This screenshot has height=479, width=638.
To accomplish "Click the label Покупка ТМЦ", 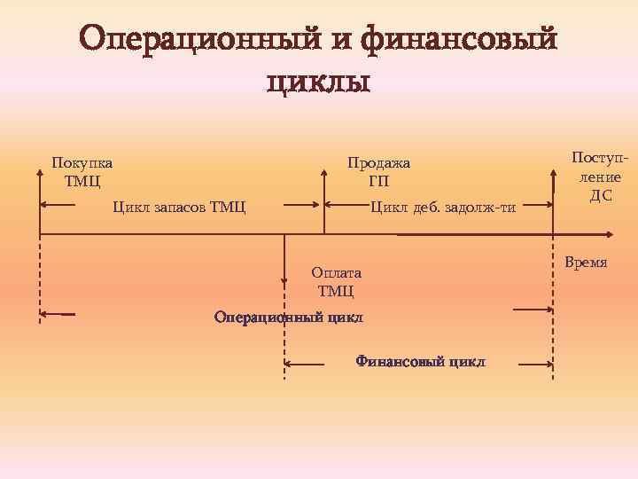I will [82, 172].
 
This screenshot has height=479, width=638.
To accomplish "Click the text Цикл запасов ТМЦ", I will [180, 208].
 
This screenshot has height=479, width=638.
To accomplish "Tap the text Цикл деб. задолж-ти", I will [442, 208].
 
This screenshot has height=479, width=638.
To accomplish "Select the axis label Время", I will [585, 263].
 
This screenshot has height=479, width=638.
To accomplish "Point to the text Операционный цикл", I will [289, 318].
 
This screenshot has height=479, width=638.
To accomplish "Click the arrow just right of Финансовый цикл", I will [536, 364].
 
